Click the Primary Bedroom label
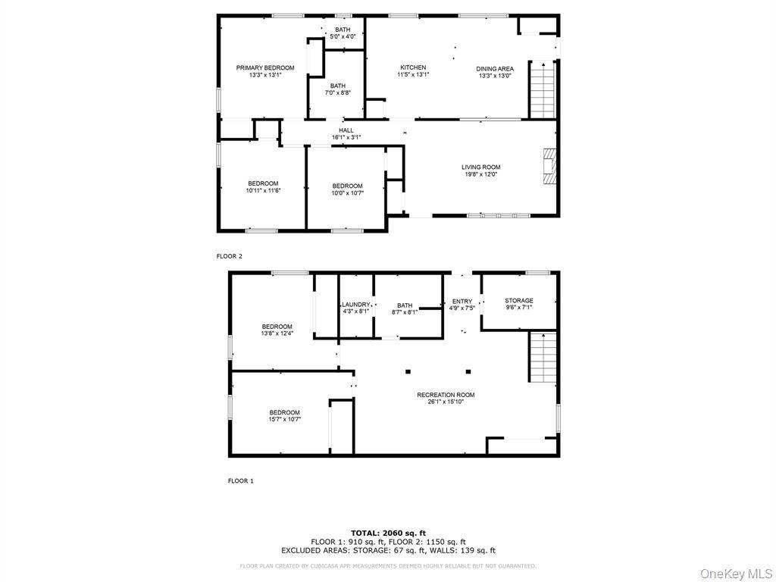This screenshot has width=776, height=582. coord(264,68)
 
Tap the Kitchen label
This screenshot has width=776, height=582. coord(413,68)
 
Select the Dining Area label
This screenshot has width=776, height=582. coord(495,69)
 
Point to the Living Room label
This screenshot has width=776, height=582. coord(481,167)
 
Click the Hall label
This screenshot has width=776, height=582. coord(346,130)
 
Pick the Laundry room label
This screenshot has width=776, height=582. coord(355,304)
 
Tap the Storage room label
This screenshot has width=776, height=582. coord(519,301)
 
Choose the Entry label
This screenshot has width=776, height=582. coord(462,302)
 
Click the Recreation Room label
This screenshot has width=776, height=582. coord(446,395)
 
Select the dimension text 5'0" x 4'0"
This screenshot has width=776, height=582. coord(343,36)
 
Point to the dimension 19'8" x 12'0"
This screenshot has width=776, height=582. coord(481,174)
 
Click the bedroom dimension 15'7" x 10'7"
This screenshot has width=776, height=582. coord(284,419)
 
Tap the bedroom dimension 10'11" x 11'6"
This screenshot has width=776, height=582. coord(263,190)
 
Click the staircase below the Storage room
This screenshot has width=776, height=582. coord(542,358)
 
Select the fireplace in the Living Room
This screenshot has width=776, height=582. coord(550,167)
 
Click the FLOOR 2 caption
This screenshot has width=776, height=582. coord(230,256)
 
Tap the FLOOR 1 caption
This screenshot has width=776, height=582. coord(241,480)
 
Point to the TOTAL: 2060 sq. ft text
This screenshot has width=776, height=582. coord(388,533)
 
